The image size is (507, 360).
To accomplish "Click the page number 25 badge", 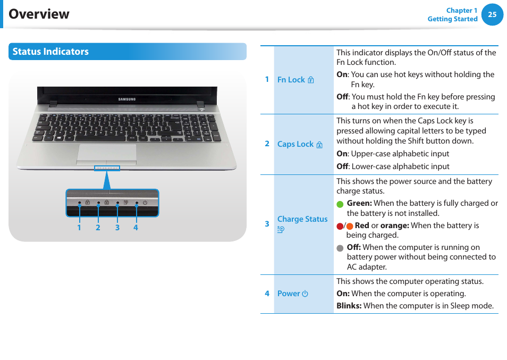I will (x=492, y=15).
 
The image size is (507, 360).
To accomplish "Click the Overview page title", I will (x=39, y=14).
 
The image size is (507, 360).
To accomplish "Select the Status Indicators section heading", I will (x=50, y=52).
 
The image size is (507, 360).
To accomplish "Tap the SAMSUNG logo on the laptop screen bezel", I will (x=126, y=99).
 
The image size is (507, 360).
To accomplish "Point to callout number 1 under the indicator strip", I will (x=79, y=228).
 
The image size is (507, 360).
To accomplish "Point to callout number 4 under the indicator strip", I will (x=136, y=228).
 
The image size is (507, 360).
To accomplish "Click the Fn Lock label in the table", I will (x=291, y=80).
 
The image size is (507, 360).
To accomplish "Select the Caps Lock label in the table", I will (x=295, y=144).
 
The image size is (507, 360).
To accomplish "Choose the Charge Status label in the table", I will (x=302, y=219).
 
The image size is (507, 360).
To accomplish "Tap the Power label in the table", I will (x=289, y=294).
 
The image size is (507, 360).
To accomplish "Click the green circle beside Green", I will (x=340, y=204).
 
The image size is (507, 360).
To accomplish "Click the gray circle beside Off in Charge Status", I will (x=340, y=248).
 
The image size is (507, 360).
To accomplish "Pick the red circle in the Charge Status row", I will (x=340, y=226).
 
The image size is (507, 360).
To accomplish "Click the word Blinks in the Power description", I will (x=349, y=306).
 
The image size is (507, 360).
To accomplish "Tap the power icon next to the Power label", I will (x=305, y=294).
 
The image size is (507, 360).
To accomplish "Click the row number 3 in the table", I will (x=267, y=224).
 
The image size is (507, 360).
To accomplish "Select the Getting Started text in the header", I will (x=452, y=19).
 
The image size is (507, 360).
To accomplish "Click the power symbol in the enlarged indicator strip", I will (x=145, y=203).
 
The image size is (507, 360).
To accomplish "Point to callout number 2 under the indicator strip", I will (x=98, y=228).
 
